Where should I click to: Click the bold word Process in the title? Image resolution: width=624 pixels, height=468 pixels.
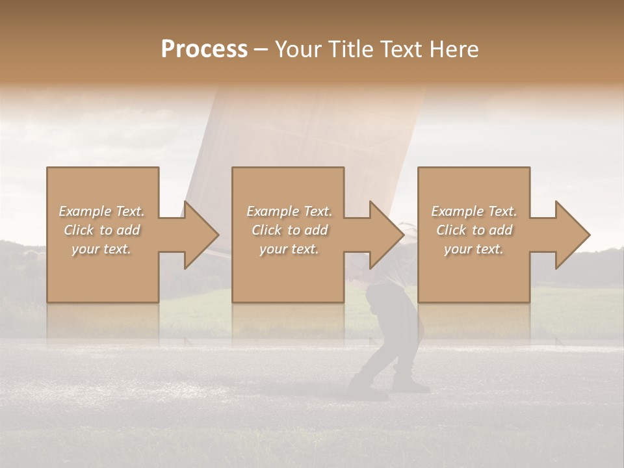pyautogui.click(x=204, y=49)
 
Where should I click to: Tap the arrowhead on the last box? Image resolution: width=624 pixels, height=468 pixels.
pyautogui.click(x=571, y=235)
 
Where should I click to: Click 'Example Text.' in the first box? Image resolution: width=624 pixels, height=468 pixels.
pyautogui.click(x=101, y=211)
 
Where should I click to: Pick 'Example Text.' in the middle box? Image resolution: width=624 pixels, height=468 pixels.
pyautogui.click(x=289, y=211)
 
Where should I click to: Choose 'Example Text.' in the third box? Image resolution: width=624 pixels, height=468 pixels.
pyautogui.click(x=474, y=211)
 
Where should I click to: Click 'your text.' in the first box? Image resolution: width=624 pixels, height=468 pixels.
pyautogui.click(x=101, y=249)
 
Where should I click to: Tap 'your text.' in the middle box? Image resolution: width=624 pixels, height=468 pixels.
pyautogui.click(x=289, y=249)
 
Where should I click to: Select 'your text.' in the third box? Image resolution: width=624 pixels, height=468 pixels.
pyautogui.click(x=474, y=249)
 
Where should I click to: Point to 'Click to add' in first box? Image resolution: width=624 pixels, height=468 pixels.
pyautogui.click(x=101, y=230)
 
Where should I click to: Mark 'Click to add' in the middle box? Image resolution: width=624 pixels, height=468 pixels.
pyautogui.click(x=289, y=230)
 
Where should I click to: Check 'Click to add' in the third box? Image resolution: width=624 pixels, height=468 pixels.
pyautogui.click(x=474, y=230)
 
